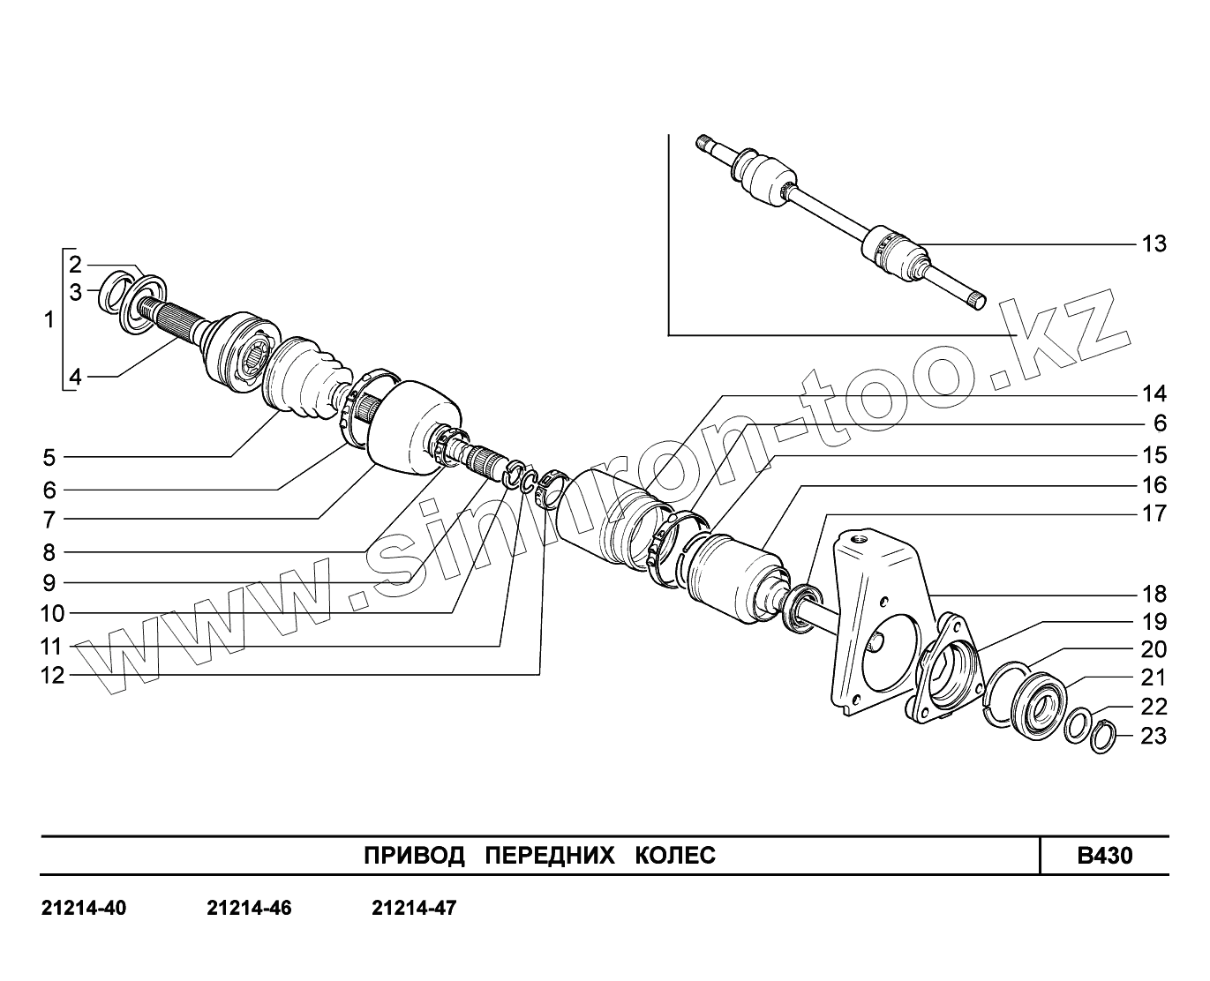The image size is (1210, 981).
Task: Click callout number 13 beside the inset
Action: [x=1154, y=243]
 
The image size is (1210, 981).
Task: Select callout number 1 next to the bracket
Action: [x=49, y=320]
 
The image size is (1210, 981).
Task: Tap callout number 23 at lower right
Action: [x=1154, y=736]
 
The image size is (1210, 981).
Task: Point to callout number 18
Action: [x=1154, y=594]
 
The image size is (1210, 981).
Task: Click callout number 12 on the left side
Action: [x=52, y=676]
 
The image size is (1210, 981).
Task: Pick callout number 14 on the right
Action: [x=1154, y=393]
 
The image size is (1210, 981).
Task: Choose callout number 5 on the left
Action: [x=49, y=458]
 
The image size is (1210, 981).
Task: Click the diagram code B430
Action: [x=1104, y=856]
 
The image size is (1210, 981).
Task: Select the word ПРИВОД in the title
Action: [x=414, y=856]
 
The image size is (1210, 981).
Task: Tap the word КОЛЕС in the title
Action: [x=675, y=856]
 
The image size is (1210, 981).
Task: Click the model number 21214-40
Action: [x=84, y=908]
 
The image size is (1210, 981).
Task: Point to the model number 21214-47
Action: [x=414, y=908]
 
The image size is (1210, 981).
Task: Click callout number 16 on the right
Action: [x=1154, y=485]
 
